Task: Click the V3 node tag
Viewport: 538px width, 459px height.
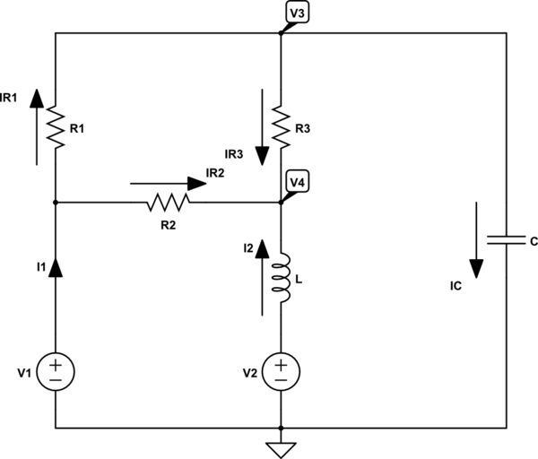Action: [x=296, y=13]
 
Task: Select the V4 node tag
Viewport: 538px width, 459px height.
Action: [x=296, y=182]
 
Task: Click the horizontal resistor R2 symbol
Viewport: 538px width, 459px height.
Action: [x=169, y=203]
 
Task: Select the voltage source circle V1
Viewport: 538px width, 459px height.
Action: [x=56, y=369]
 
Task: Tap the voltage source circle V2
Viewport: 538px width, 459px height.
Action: [x=282, y=369]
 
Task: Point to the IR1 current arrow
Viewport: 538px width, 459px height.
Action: [x=36, y=126]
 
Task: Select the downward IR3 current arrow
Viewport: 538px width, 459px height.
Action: [x=262, y=126]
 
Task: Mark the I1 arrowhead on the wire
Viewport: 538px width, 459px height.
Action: [x=56, y=266]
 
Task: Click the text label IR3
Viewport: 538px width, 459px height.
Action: [x=235, y=154]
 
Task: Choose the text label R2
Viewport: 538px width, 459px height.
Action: [x=169, y=224]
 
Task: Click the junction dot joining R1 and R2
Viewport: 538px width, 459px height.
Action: [x=56, y=203]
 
